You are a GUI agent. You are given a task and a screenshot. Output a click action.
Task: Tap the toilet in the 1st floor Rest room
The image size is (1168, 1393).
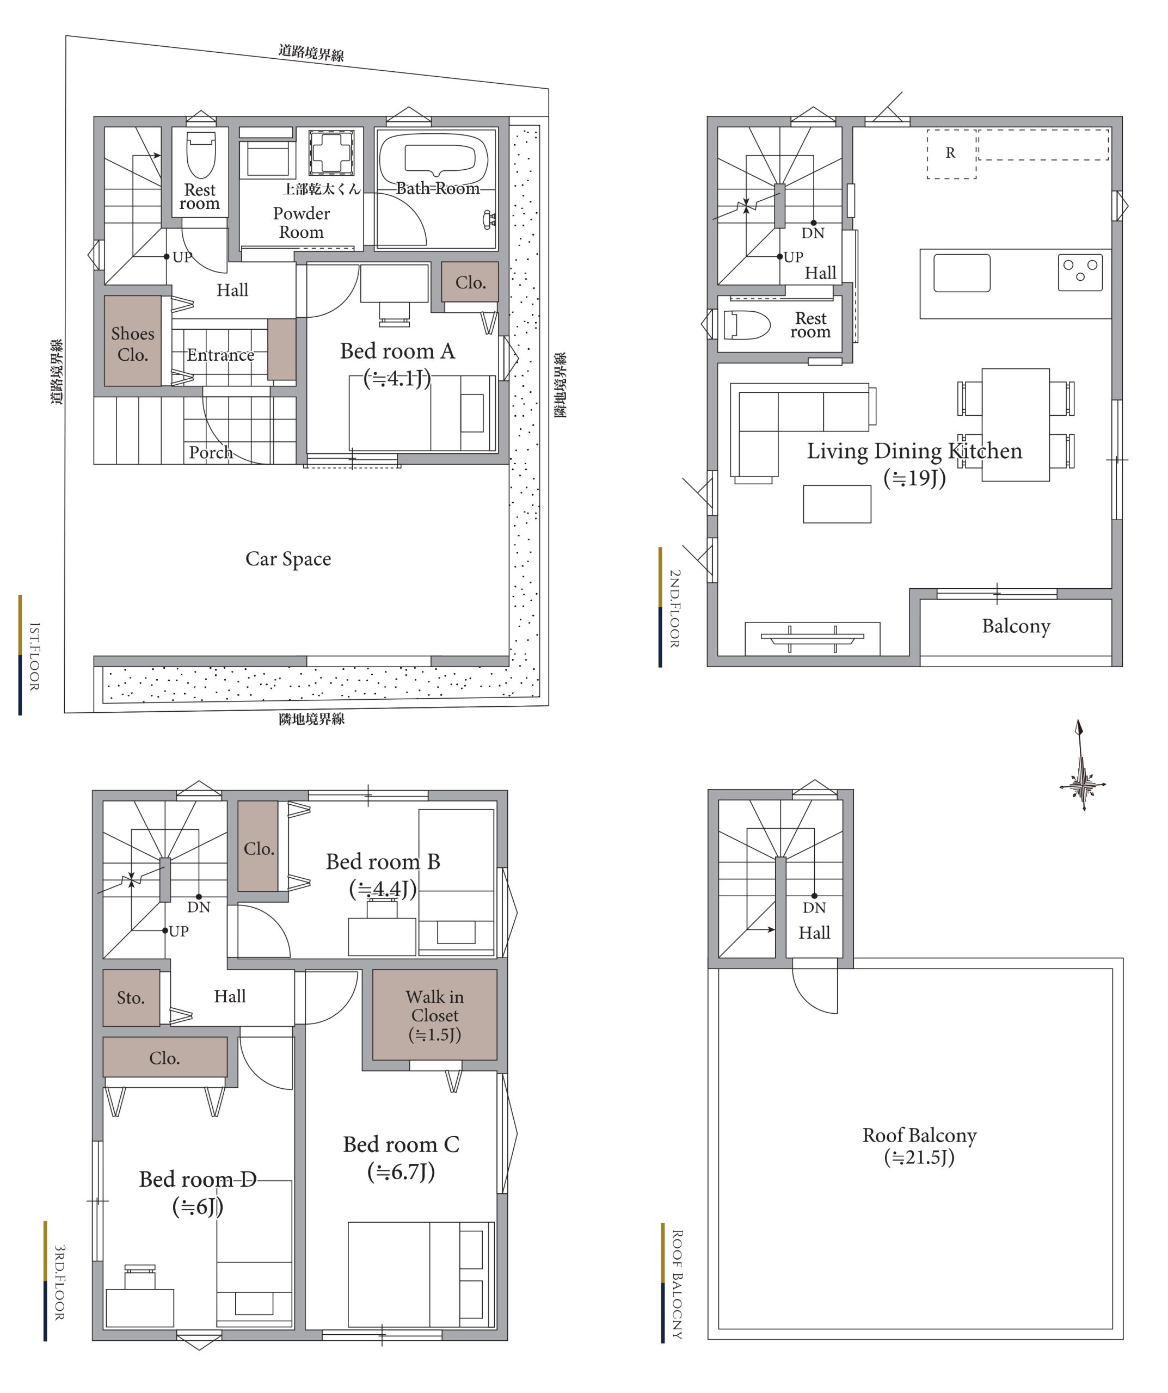click(201, 155)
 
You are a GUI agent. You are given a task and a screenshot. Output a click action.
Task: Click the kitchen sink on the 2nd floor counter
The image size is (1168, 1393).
click(962, 273)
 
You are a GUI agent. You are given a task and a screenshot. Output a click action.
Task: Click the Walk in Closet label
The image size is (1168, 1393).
click(435, 1015)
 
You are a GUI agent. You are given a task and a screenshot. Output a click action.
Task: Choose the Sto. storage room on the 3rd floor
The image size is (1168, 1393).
click(131, 997)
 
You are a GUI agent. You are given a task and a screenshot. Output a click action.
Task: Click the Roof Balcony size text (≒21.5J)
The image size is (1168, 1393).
click(919, 1157)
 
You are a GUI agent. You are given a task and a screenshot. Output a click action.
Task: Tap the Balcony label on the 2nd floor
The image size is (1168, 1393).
click(1016, 626)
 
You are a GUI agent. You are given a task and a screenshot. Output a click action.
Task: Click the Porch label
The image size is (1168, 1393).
click(211, 452)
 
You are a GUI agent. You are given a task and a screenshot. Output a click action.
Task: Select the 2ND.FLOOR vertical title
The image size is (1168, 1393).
click(674, 608)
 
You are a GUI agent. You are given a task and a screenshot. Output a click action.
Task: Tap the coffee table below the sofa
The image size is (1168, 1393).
click(837, 504)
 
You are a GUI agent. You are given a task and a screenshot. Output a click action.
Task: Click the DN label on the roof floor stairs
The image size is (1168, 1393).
click(814, 908)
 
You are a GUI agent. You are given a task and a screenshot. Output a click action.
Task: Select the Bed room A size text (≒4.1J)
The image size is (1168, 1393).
click(397, 379)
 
